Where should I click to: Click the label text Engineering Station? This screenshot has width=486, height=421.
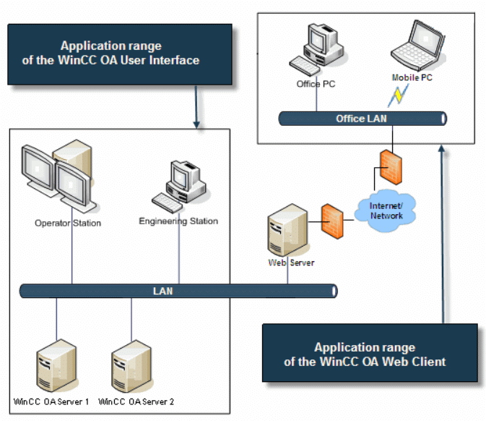coord(178,221)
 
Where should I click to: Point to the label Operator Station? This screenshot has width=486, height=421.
coord(68,223)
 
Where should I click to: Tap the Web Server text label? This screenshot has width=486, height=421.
coord(291,263)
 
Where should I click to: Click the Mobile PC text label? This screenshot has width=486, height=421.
coord(412,77)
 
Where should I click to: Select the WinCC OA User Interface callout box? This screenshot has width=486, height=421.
coord(120,54)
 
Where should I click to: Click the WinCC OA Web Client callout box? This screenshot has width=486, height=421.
coord(369,354)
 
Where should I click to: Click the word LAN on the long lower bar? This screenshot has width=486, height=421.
coord(162,292)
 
